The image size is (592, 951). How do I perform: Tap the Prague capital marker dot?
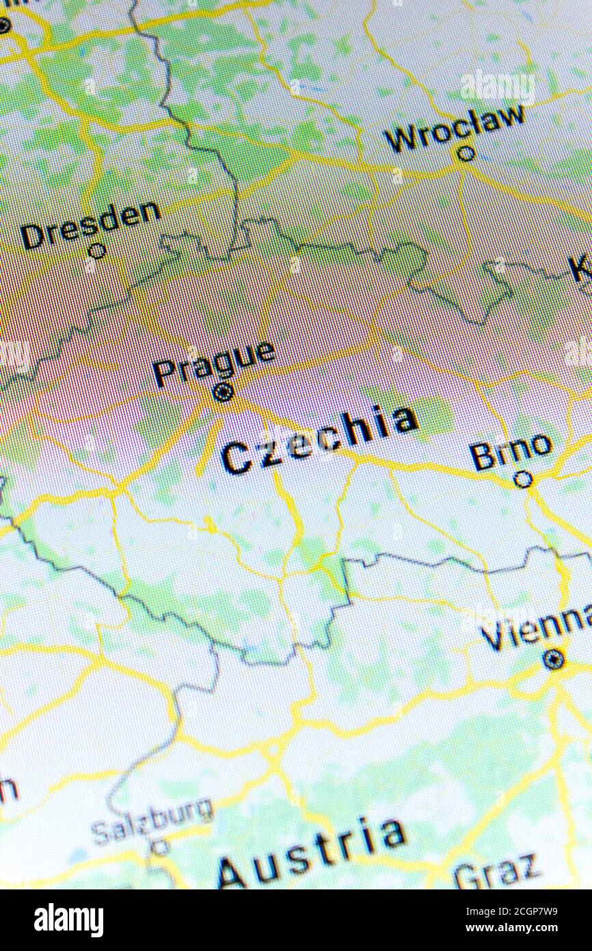tap(223, 393)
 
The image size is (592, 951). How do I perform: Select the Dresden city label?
tap(90, 224)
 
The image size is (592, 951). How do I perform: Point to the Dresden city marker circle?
tap(98, 250)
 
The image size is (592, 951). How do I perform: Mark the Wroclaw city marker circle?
tap(466, 153)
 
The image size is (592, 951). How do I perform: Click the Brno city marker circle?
tap(523, 480)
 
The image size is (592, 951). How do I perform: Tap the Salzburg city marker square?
tap(160, 847)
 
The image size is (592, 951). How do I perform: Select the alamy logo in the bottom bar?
tap(68, 920)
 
